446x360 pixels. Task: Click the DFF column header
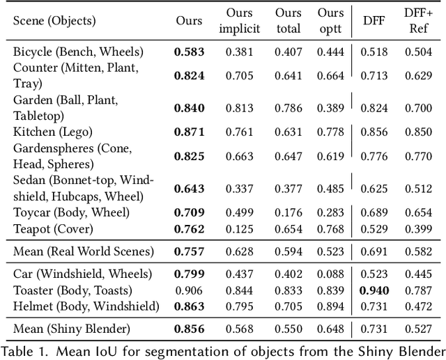point(374,21)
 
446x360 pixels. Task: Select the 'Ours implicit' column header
point(240,21)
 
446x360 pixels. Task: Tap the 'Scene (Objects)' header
point(54,21)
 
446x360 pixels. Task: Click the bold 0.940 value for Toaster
point(374,290)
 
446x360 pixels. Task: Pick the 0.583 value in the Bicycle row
point(189,52)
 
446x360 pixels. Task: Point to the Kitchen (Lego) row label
point(52,132)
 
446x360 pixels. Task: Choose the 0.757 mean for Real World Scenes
point(189,251)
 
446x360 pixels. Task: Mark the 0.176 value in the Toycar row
point(288,212)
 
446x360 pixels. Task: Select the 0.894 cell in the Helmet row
point(332,306)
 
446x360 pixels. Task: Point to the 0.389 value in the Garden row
point(332,107)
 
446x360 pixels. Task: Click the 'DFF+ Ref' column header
point(417,21)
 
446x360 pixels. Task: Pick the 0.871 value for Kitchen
point(189,132)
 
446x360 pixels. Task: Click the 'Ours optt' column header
point(330,21)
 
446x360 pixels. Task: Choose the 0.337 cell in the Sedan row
point(240,189)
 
